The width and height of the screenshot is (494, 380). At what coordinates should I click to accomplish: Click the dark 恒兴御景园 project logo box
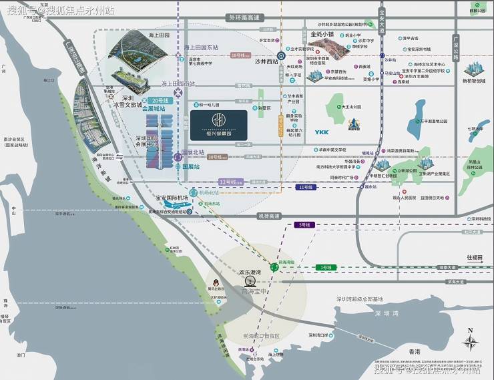tap(218, 125)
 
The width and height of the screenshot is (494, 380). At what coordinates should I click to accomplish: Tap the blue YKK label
tap(321, 132)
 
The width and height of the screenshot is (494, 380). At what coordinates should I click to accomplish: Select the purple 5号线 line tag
tap(304, 224)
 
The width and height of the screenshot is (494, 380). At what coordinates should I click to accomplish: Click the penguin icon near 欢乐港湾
tap(216, 282)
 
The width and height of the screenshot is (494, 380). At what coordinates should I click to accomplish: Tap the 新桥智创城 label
tap(475, 81)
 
